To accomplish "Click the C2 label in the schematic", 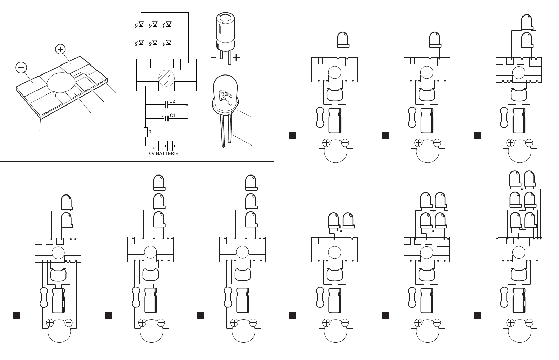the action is tap(172, 101).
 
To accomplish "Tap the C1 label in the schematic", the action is tap(172, 115).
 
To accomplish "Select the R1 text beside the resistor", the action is tap(151, 132).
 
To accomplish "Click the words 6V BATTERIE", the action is tap(164, 153).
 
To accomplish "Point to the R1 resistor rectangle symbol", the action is tap(146, 132).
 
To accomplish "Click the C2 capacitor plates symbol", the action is tap(166, 104).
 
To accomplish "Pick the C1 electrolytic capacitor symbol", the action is tap(166, 118).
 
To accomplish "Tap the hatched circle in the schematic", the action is tap(166, 78).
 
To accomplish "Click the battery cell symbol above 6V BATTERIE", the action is tap(166, 146).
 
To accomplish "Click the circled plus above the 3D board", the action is tap(60, 49).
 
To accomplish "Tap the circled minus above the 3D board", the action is tap(21, 67).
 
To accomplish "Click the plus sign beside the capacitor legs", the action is tap(236, 58).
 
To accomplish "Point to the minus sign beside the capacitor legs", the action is tap(214, 58).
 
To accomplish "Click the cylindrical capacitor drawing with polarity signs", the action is tap(225, 38).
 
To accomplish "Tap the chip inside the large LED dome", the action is tap(225, 98).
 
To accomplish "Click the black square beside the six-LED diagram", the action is tap(477, 315).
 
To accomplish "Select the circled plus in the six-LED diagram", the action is tap(510, 323).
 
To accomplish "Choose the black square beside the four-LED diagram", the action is tap(385, 315).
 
